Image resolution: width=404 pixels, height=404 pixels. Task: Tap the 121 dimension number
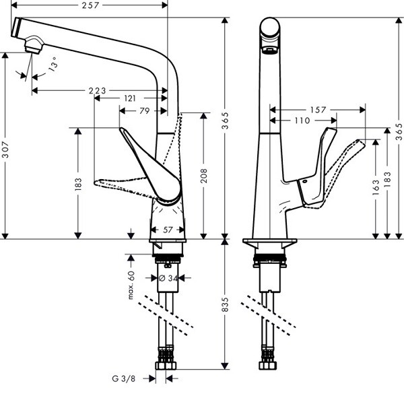(x=131, y=99)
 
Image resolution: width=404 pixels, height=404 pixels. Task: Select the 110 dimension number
(x=302, y=121)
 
